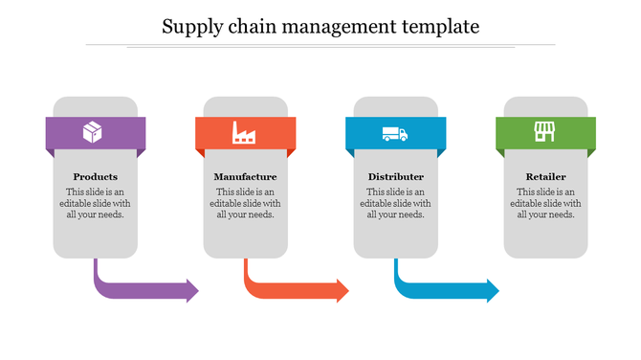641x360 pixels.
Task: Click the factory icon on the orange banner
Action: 244,133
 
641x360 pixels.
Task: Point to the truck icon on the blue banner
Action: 394,134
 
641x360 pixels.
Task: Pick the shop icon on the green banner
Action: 544,132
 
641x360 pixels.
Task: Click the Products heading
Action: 96,177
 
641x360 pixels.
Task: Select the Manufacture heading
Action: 246,177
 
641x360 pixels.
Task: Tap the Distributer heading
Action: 395,177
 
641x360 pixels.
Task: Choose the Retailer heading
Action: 545,177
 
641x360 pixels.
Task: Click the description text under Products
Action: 96,203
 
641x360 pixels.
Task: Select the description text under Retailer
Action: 545,203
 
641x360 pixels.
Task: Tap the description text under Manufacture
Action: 246,203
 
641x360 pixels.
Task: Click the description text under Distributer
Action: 395,203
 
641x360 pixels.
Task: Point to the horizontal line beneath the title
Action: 320,45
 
